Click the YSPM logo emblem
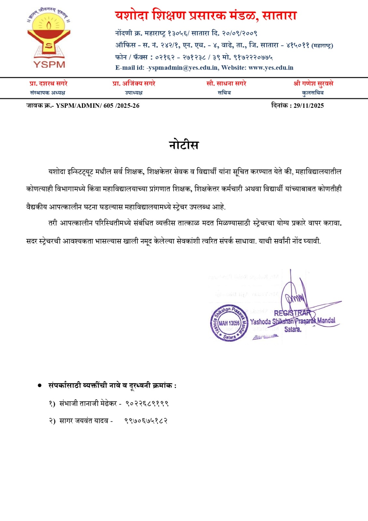pos(49,38)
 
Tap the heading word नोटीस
pos(184,145)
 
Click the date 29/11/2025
pos(308,106)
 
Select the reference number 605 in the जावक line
pos(108,106)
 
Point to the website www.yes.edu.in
pos(271,68)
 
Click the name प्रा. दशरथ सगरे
pos(48,84)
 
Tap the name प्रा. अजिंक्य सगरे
pos(134,84)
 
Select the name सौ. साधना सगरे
pos(226,84)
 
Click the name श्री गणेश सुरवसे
pos(313,84)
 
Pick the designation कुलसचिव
pos(313,93)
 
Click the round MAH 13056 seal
pos(229,323)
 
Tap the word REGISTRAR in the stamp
pos(292,313)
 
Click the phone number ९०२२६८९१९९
pos(147,403)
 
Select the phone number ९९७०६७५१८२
pos(146,421)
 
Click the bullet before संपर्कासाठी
pos(40,386)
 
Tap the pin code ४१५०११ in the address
pos(298,45)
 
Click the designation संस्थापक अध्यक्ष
pos(48,93)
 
